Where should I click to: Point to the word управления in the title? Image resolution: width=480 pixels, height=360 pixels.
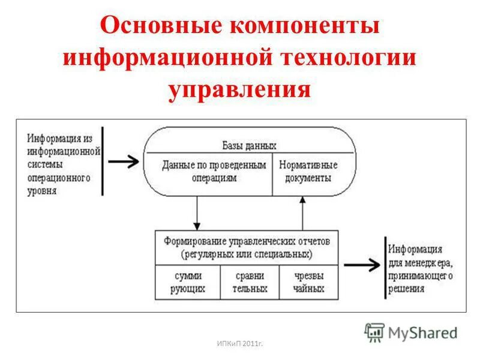point(239,90)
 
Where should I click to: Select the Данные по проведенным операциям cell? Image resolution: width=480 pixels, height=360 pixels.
point(214,171)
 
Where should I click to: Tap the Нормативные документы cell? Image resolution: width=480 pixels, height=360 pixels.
point(310,171)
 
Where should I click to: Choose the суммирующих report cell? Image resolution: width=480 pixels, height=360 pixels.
point(188,282)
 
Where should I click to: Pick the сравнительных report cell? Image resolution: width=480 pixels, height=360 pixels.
point(249,282)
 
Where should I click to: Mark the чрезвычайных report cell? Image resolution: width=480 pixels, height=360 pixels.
point(309,282)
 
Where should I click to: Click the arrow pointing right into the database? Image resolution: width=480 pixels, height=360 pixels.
point(124,161)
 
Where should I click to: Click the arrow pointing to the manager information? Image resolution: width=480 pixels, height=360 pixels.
point(362,263)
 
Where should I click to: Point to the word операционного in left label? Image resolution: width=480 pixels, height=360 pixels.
point(59,178)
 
